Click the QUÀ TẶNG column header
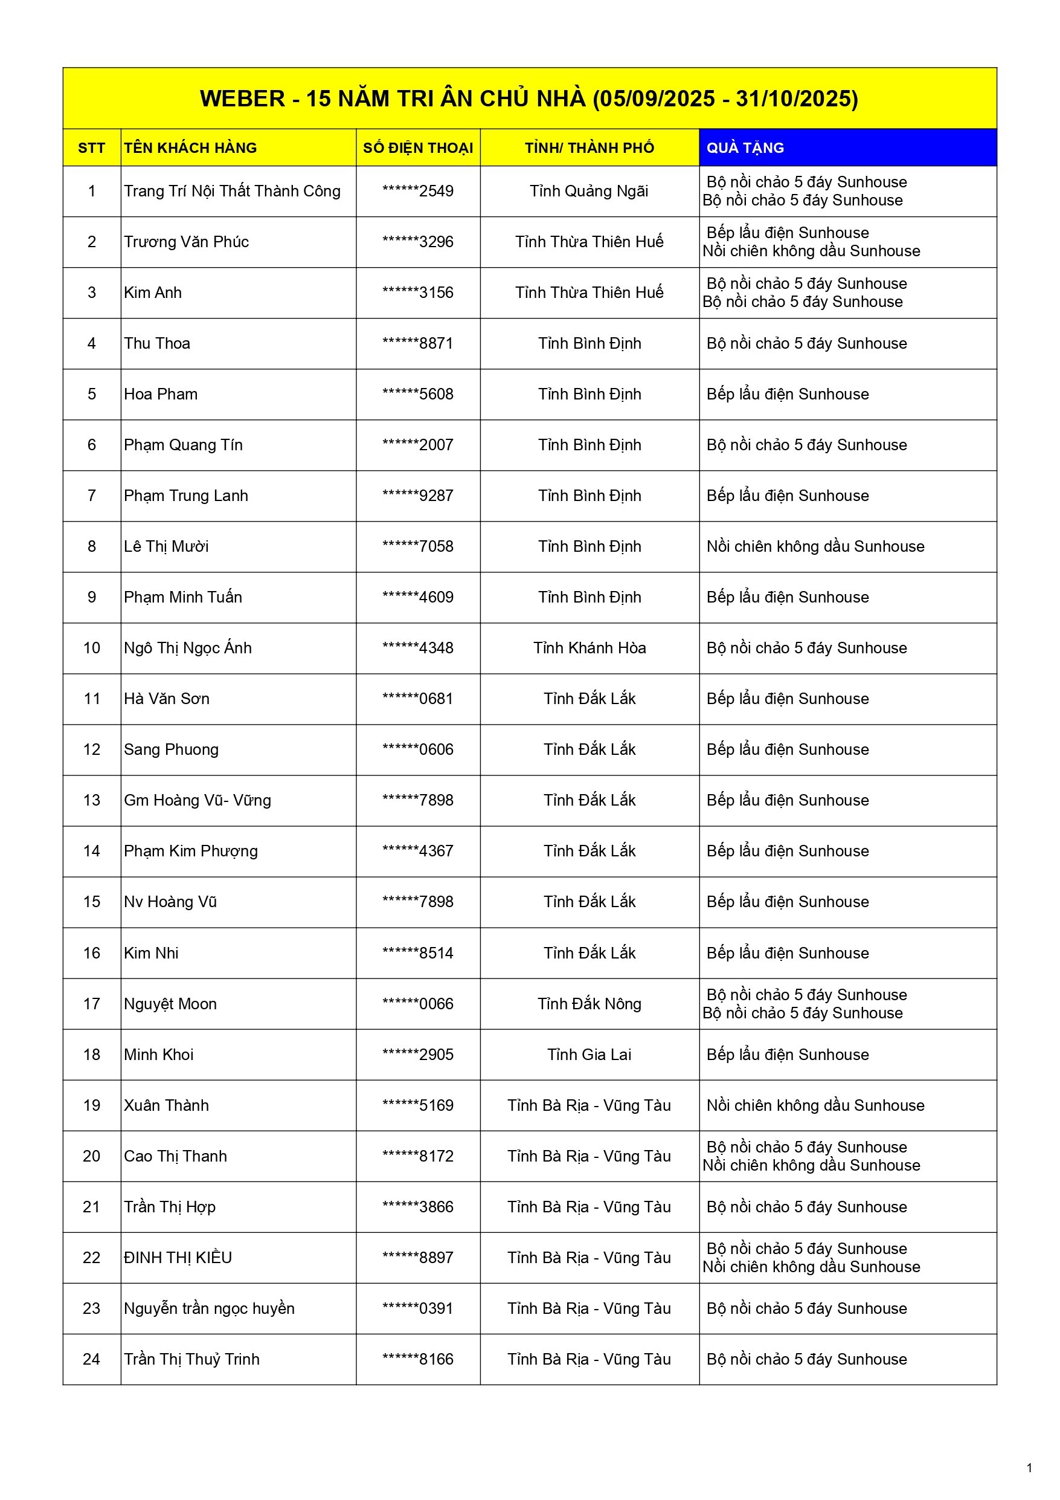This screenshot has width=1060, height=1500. point(745,147)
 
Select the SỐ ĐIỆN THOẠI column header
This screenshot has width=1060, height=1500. point(417,147)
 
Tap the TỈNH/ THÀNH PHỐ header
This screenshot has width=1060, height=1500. point(589,147)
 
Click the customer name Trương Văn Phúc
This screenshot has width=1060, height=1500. point(186,242)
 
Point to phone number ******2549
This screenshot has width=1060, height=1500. point(417,191)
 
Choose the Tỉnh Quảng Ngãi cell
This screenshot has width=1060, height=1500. point(588,191)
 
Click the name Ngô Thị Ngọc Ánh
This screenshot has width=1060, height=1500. point(187,647)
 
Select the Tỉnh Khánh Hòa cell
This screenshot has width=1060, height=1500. point(589,647)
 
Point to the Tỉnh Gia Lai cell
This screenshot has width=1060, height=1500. point(589,1055)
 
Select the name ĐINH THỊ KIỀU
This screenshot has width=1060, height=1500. point(178,1258)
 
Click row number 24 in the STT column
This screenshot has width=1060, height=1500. point(91,1359)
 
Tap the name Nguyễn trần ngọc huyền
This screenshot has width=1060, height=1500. point(209,1308)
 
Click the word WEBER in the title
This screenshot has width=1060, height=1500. point(242,99)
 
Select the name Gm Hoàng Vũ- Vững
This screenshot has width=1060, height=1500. point(198,800)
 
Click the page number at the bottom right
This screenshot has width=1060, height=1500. point(1029,1468)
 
